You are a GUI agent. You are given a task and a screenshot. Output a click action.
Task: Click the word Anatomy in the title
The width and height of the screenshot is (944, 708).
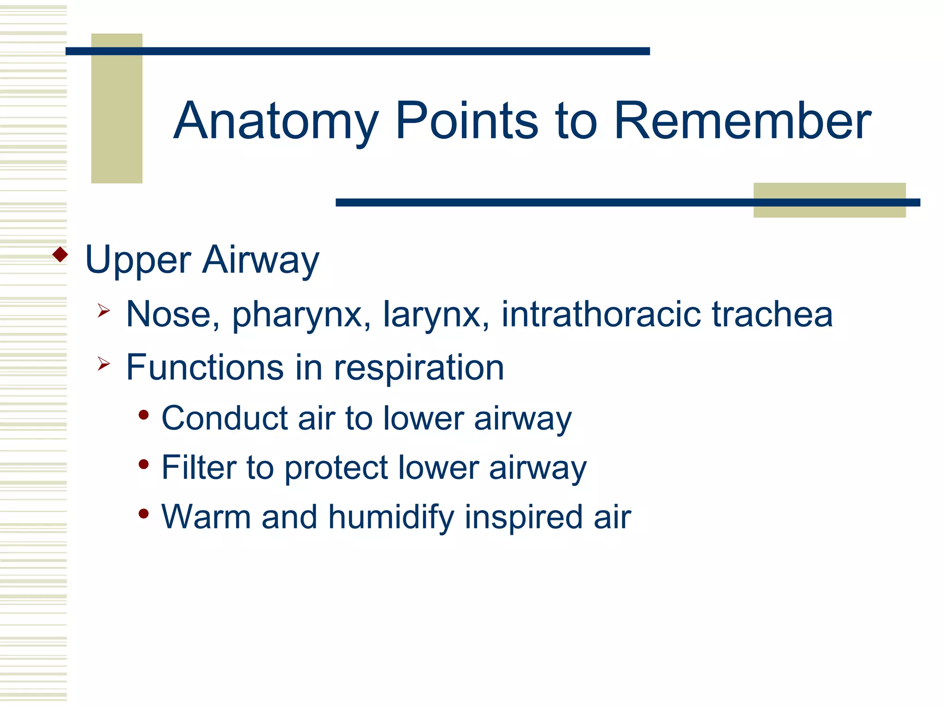click(276, 121)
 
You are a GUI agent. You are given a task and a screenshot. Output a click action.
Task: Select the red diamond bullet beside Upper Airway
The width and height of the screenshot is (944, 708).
click(60, 254)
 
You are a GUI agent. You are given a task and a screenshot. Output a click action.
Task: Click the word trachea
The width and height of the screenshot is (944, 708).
click(773, 314)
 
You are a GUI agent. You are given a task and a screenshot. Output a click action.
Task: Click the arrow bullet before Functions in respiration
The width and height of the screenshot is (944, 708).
click(104, 364)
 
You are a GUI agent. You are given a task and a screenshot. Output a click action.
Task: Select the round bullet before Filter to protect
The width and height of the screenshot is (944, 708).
click(144, 464)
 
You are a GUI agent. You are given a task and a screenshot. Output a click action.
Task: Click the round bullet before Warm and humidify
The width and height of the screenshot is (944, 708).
click(144, 513)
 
